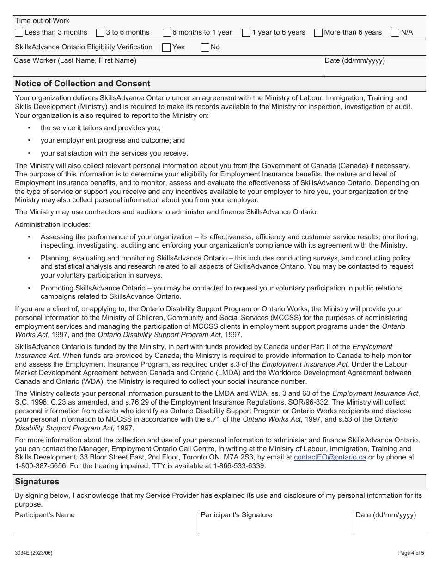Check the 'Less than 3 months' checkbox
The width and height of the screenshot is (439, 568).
[x=19, y=33]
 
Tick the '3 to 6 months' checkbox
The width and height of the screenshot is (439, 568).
[x=100, y=33]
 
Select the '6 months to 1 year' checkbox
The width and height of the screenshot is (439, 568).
[x=167, y=33]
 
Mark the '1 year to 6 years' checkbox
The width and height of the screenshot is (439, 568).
[x=246, y=33]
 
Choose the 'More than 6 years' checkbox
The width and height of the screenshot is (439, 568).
[x=318, y=33]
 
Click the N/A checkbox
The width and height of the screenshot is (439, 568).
[x=395, y=33]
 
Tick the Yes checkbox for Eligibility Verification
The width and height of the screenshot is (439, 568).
[x=167, y=48]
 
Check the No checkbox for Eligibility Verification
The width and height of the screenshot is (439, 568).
[x=205, y=48]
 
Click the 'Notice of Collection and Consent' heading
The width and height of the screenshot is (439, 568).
[x=83, y=84]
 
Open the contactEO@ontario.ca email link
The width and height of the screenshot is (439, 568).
[x=330, y=457]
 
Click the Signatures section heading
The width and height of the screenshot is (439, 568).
[x=37, y=482]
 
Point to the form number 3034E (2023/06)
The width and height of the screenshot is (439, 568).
[x=34, y=553]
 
